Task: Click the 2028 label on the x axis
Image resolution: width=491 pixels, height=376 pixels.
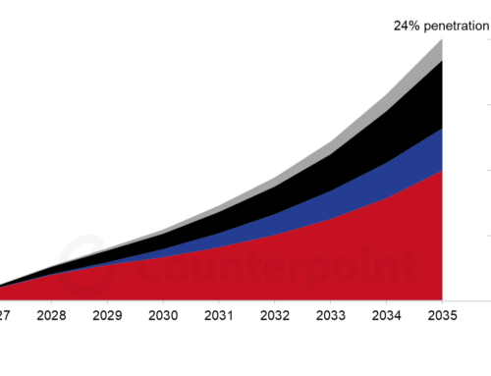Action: [52, 317]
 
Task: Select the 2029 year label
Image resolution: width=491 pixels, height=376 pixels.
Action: [107, 317]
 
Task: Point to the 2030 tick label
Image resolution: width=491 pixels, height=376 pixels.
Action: [162, 317]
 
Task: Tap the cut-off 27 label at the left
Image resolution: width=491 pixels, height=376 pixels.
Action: [5, 317]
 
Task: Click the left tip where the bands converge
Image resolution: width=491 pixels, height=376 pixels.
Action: [3, 288]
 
